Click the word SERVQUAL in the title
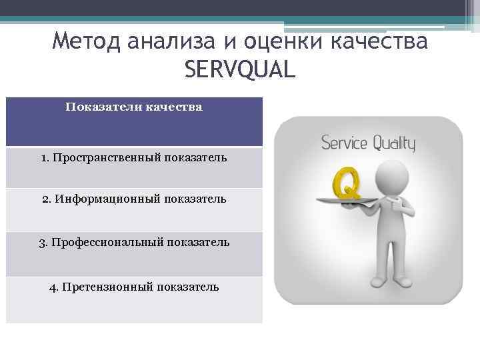pyautogui.click(x=238, y=69)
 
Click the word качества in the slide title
pyautogui.click(x=377, y=41)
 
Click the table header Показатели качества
pyautogui.click(x=134, y=107)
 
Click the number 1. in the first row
pyautogui.click(x=45, y=158)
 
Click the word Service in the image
pyautogui.click(x=345, y=143)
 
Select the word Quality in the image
pyautogui.click(x=394, y=143)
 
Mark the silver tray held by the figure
pyautogui.click(x=341, y=201)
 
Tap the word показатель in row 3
pyautogui.click(x=199, y=242)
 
